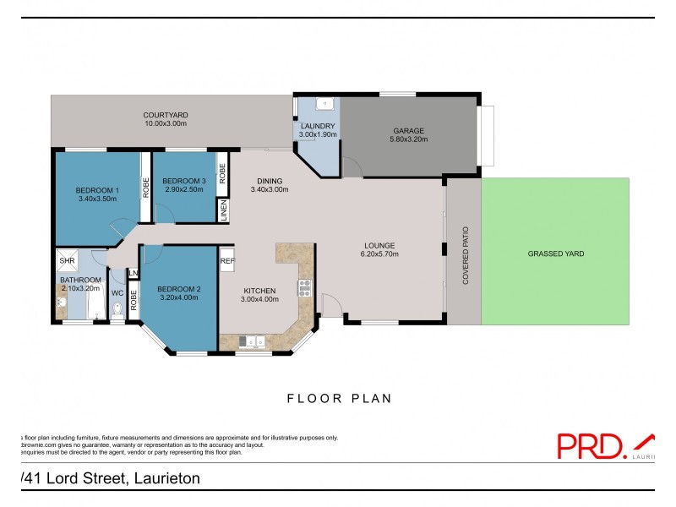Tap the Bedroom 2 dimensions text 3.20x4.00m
coord(179,298)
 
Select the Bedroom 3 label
coord(184,181)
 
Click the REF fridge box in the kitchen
coord(226,262)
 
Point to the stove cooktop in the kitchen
coord(305,287)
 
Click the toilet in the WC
coord(117,312)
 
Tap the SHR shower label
coord(67,260)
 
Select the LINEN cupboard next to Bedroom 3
coord(223,211)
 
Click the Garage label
coord(407,130)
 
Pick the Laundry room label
coord(318,126)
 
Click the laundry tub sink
coord(324,106)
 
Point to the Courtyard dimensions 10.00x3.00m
coord(165,124)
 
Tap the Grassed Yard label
coord(555,253)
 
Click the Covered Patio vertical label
coord(465,254)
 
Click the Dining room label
coord(270,181)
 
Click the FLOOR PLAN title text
coord(339,397)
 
